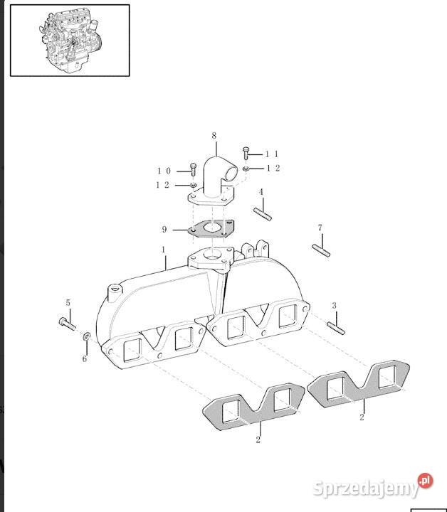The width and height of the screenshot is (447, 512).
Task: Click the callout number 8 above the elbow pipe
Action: click(x=214, y=136)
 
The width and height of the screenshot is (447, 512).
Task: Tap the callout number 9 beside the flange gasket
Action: click(x=164, y=230)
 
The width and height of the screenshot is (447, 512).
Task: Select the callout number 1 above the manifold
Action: click(x=164, y=250)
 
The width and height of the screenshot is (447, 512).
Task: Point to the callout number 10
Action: click(x=164, y=171)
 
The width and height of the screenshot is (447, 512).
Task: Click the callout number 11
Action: click(x=272, y=154)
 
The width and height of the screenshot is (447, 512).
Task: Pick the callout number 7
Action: click(x=320, y=228)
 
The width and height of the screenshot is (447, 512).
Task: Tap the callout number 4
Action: click(x=261, y=192)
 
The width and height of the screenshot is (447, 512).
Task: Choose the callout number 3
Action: click(x=334, y=306)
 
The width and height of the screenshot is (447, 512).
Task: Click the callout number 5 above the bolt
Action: click(x=68, y=303)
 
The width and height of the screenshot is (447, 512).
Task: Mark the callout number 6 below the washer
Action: click(x=85, y=359)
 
